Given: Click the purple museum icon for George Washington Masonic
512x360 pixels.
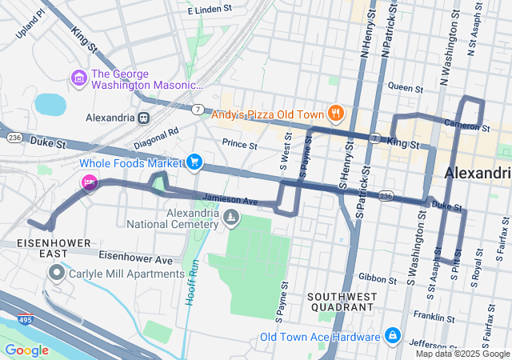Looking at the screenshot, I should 79,78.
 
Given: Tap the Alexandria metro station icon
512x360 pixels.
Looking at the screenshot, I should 144,118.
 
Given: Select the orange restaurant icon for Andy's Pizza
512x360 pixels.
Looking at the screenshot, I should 337,114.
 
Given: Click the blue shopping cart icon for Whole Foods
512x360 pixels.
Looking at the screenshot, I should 194,162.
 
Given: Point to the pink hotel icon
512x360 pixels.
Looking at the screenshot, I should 89,182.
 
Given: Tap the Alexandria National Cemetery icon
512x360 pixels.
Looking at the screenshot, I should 230,218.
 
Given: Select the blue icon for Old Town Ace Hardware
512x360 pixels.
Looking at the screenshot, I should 392,335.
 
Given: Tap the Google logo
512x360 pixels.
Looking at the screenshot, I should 27,350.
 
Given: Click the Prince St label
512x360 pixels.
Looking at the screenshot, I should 239,146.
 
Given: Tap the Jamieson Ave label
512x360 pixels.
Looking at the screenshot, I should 229,200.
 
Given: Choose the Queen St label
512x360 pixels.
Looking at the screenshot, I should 405,87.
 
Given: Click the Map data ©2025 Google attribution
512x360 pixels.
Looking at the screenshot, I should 462,354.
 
